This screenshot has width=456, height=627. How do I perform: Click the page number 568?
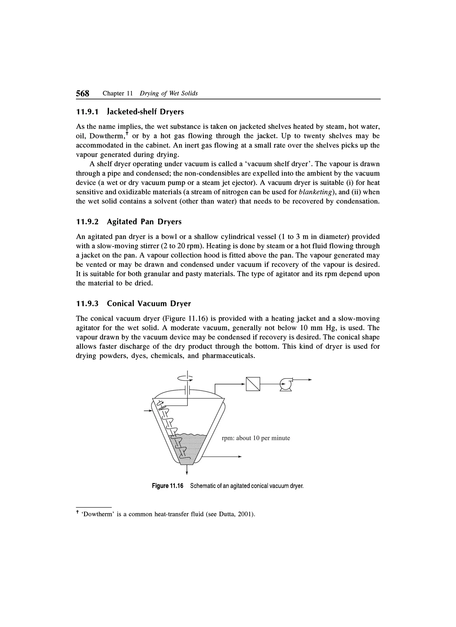pos(83,93)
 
